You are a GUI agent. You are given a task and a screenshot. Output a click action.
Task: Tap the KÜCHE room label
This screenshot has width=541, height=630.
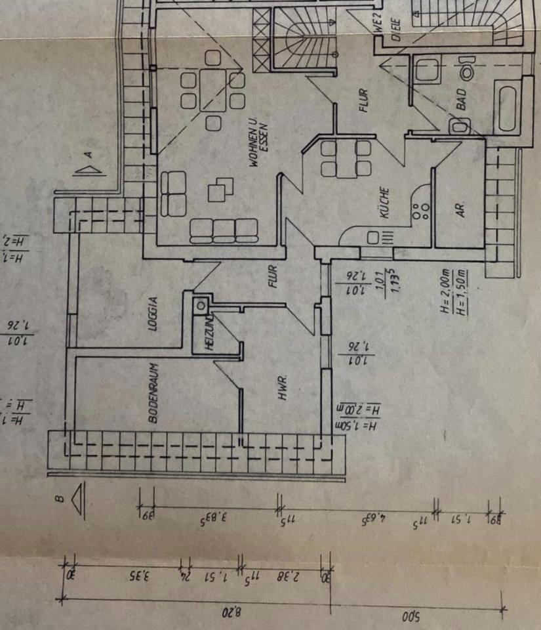tap(386, 203)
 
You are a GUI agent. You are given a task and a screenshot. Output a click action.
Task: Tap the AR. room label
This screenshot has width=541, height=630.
tap(460, 209)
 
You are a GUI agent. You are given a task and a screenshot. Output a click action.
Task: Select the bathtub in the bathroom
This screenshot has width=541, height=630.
tap(508, 109)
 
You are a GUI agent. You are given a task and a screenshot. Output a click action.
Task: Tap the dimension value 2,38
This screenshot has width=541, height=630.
tap(283, 578)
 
